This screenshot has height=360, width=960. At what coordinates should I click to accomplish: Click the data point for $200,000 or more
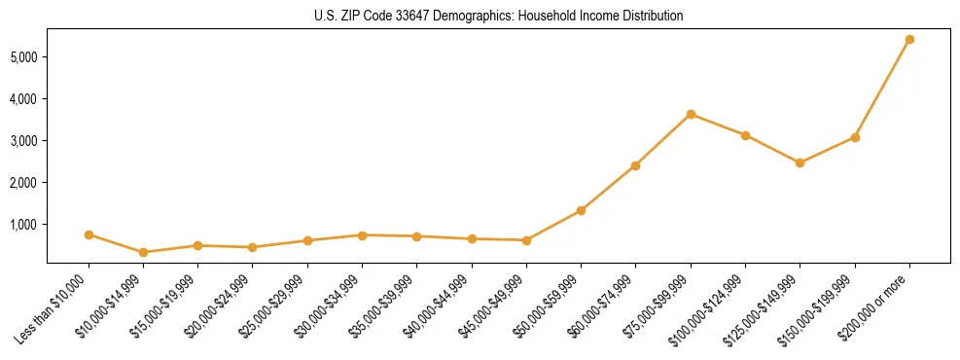(909, 40)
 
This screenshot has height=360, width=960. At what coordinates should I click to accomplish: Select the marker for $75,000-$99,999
(691, 114)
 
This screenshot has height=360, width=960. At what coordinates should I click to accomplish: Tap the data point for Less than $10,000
(89, 234)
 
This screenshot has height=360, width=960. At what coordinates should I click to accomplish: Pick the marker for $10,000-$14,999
(144, 252)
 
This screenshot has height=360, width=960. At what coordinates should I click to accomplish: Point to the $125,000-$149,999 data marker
(800, 162)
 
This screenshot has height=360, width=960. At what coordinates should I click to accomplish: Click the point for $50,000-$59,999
(581, 210)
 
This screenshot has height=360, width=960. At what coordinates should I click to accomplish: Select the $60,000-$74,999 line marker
(635, 165)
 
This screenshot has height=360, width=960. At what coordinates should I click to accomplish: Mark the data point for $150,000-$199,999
(855, 137)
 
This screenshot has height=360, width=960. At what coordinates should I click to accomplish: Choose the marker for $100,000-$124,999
(745, 135)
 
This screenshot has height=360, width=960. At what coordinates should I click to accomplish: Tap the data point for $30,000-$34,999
(362, 235)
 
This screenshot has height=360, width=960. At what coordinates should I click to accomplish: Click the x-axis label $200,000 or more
(875, 304)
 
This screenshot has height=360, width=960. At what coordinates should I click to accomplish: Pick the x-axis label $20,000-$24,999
(215, 306)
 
